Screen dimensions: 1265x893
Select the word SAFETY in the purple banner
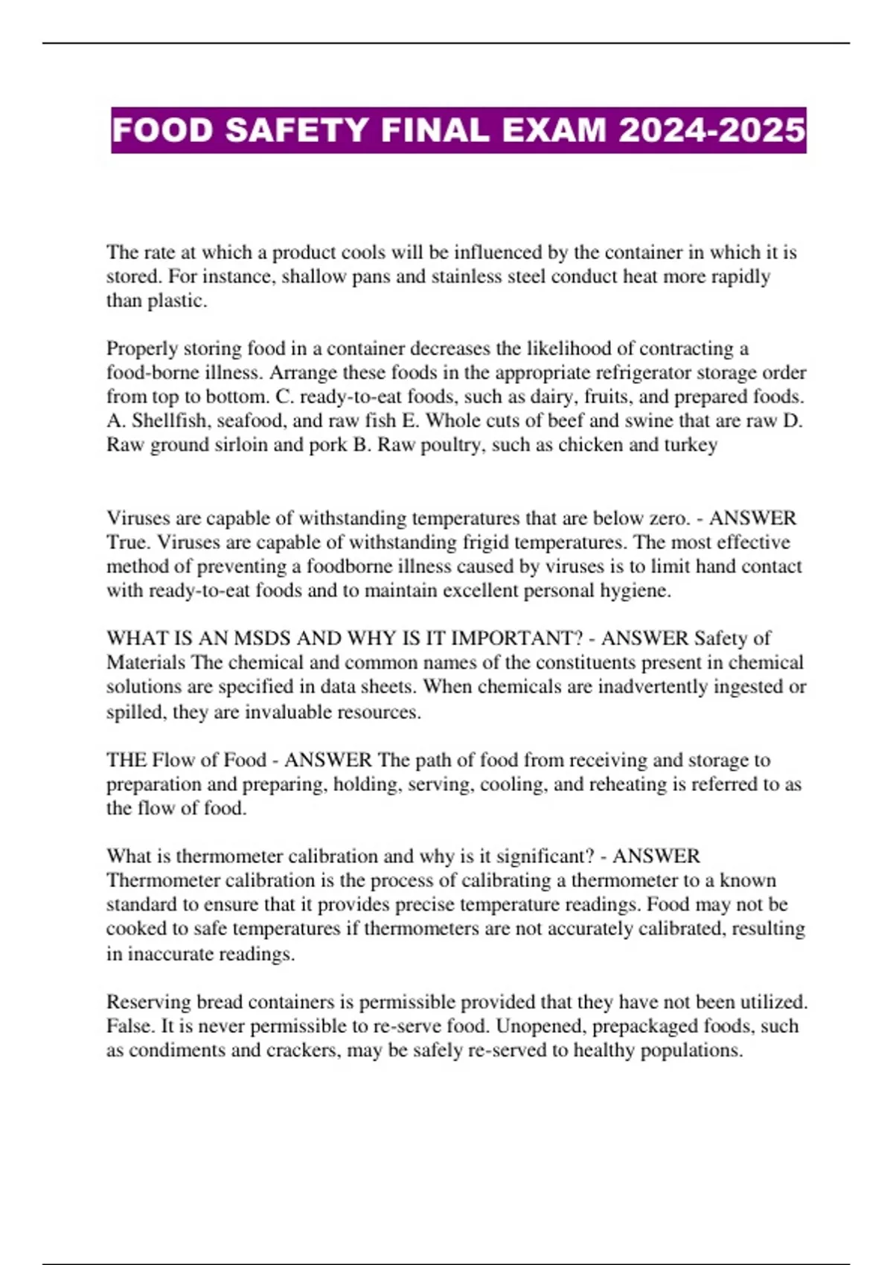coord(298,130)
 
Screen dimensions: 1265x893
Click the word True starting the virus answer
coord(127,542)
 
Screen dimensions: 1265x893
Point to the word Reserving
coord(149,1002)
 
